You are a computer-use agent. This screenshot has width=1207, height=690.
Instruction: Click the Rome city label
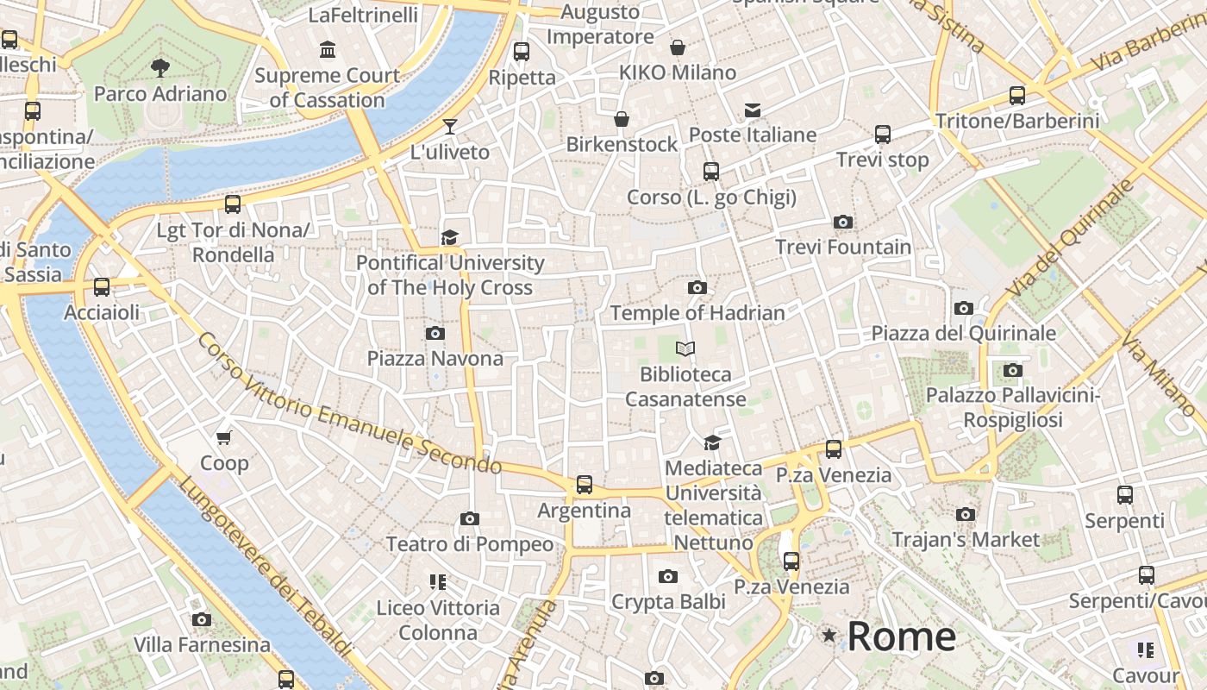pyautogui.click(x=902, y=637)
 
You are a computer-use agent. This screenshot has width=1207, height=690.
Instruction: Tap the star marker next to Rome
pyautogui.click(x=829, y=636)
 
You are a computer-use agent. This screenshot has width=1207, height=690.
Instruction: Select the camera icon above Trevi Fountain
pyautogui.click(x=843, y=223)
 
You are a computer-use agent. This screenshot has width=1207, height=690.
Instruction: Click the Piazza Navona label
pyautogui.click(x=435, y=358)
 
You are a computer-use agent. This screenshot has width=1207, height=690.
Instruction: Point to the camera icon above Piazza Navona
pyautogui.click(x=435, y=333)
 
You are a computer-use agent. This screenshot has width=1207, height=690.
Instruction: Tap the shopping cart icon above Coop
pyautogui.click(x=224, y=438)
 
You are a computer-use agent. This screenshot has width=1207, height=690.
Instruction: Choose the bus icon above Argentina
pyautogui.click(x=585, y=485)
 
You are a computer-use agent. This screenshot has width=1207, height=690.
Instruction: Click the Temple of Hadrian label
pyautogui.click(x=697, y=313)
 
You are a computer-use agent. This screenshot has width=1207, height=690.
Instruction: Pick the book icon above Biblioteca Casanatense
pyautogui.click(x=685, y=349)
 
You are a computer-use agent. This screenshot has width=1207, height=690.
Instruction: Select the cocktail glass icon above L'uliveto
pyautogui.click(x=449, y=127)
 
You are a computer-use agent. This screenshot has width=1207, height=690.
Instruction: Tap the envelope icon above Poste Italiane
pyautogui.click(x=753, y=110)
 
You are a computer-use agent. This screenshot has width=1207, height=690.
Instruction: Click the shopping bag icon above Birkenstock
pyautogui.click(x=622, y=119)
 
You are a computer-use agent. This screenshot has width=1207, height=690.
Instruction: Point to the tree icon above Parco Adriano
pyautogui.click(x=159, y=67)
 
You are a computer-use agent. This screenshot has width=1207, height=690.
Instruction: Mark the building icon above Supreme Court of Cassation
pyautogui.click(x=328, y=50)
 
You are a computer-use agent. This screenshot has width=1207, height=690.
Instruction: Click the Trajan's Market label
pyautogui.click(x=966, y=540)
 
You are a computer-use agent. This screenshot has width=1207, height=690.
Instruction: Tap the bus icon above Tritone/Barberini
pyautogui.click(x=1017, y=96)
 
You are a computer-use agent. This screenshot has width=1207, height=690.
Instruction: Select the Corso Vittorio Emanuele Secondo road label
pyautogui.click(x=349, y=404)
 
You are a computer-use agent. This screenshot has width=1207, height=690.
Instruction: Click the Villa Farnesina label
pyautogui.click(x=202, y=644)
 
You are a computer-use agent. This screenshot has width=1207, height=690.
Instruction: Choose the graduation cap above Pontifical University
pyautogui.click(x=449, y=237)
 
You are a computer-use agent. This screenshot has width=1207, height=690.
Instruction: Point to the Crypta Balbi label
pyautogui.click(x=668, y=602)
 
